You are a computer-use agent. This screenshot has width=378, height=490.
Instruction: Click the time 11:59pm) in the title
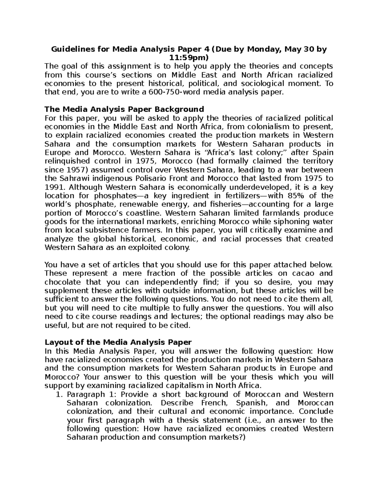(x=189, y=58)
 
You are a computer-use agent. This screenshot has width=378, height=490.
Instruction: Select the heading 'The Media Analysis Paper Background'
(x=124, y=109)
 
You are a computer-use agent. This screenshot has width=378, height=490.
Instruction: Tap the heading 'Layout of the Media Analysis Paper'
(x=118, y=342)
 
